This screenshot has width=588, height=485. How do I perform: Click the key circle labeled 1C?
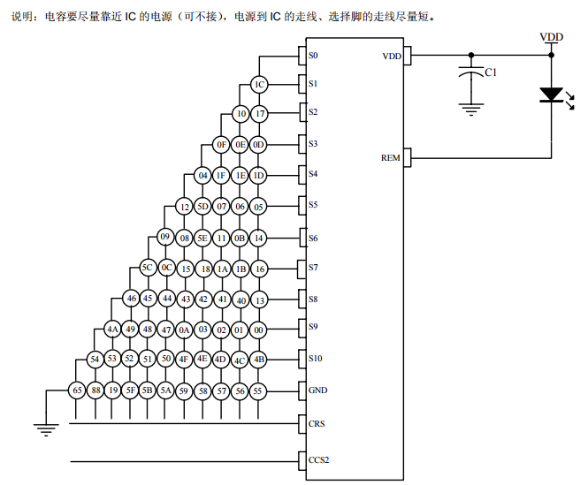[258, 84]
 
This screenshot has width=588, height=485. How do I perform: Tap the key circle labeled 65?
[78, 390]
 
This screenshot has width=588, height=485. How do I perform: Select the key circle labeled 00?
[259, 330]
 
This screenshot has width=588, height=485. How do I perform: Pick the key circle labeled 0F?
[222, 144]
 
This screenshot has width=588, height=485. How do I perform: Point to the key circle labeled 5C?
[149, 267]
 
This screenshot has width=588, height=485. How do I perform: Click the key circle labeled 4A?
[112, 330]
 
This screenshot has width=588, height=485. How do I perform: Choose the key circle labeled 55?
[258, 390]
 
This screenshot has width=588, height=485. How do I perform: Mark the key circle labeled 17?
[259, 114]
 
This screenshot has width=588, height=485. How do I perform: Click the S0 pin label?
[313, 55]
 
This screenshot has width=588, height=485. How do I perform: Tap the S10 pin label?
[315, 359]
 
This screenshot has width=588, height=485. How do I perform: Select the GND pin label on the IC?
[317, 390]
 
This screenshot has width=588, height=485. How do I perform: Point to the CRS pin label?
[317, 423]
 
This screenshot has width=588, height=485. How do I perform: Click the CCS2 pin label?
[318, 460]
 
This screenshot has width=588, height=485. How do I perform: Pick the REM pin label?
[390, 158]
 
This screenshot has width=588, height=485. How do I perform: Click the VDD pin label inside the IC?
[391, 56]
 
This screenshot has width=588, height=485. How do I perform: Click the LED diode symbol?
[551, 95]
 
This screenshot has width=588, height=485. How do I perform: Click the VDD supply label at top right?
[552, 36]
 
